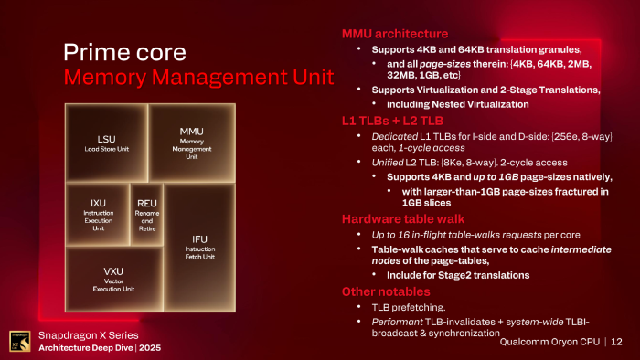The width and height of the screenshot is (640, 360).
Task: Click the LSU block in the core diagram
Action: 106,142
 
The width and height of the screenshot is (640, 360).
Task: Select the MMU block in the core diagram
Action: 191,142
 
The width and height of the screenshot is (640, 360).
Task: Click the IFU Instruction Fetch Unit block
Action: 200,247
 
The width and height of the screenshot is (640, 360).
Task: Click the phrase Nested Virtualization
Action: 462,104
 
